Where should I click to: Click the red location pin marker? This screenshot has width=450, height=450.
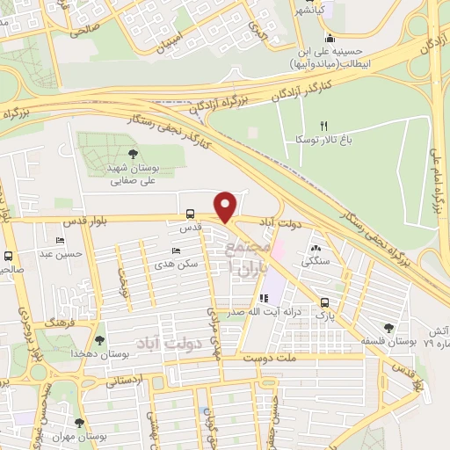point(227,207)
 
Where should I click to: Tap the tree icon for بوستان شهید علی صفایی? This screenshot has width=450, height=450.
point(132,155)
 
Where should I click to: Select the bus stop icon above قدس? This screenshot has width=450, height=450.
point(190,214)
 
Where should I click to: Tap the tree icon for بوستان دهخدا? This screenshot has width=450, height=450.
point(98,337)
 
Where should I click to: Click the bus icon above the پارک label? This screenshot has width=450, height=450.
point(324,300)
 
